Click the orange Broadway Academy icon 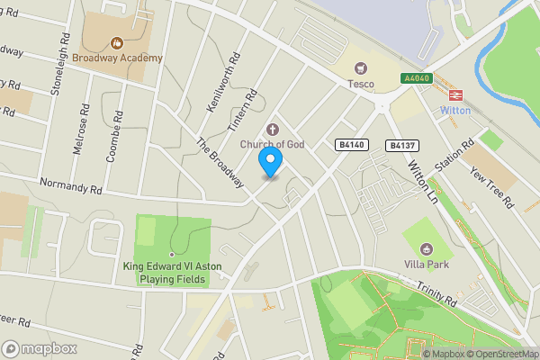(116, 42)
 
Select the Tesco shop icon (362, 67)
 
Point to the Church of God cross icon (271, 129)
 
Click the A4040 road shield (417, 79)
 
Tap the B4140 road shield (352, 144)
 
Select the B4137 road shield (401, 145)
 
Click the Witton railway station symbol (454, 93)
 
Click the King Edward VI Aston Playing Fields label (166, 273)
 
